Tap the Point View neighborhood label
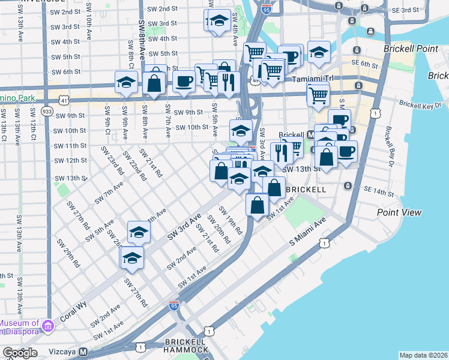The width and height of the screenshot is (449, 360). (399, 212)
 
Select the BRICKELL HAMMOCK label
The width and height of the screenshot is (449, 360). (185, 345)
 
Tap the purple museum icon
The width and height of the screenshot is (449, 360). (47, 325)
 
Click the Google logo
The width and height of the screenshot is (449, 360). (20, 352)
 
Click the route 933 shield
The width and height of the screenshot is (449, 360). (47, 112)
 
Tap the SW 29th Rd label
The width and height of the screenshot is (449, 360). (68, 253)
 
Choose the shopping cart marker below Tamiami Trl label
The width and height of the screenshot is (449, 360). (318, 94)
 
